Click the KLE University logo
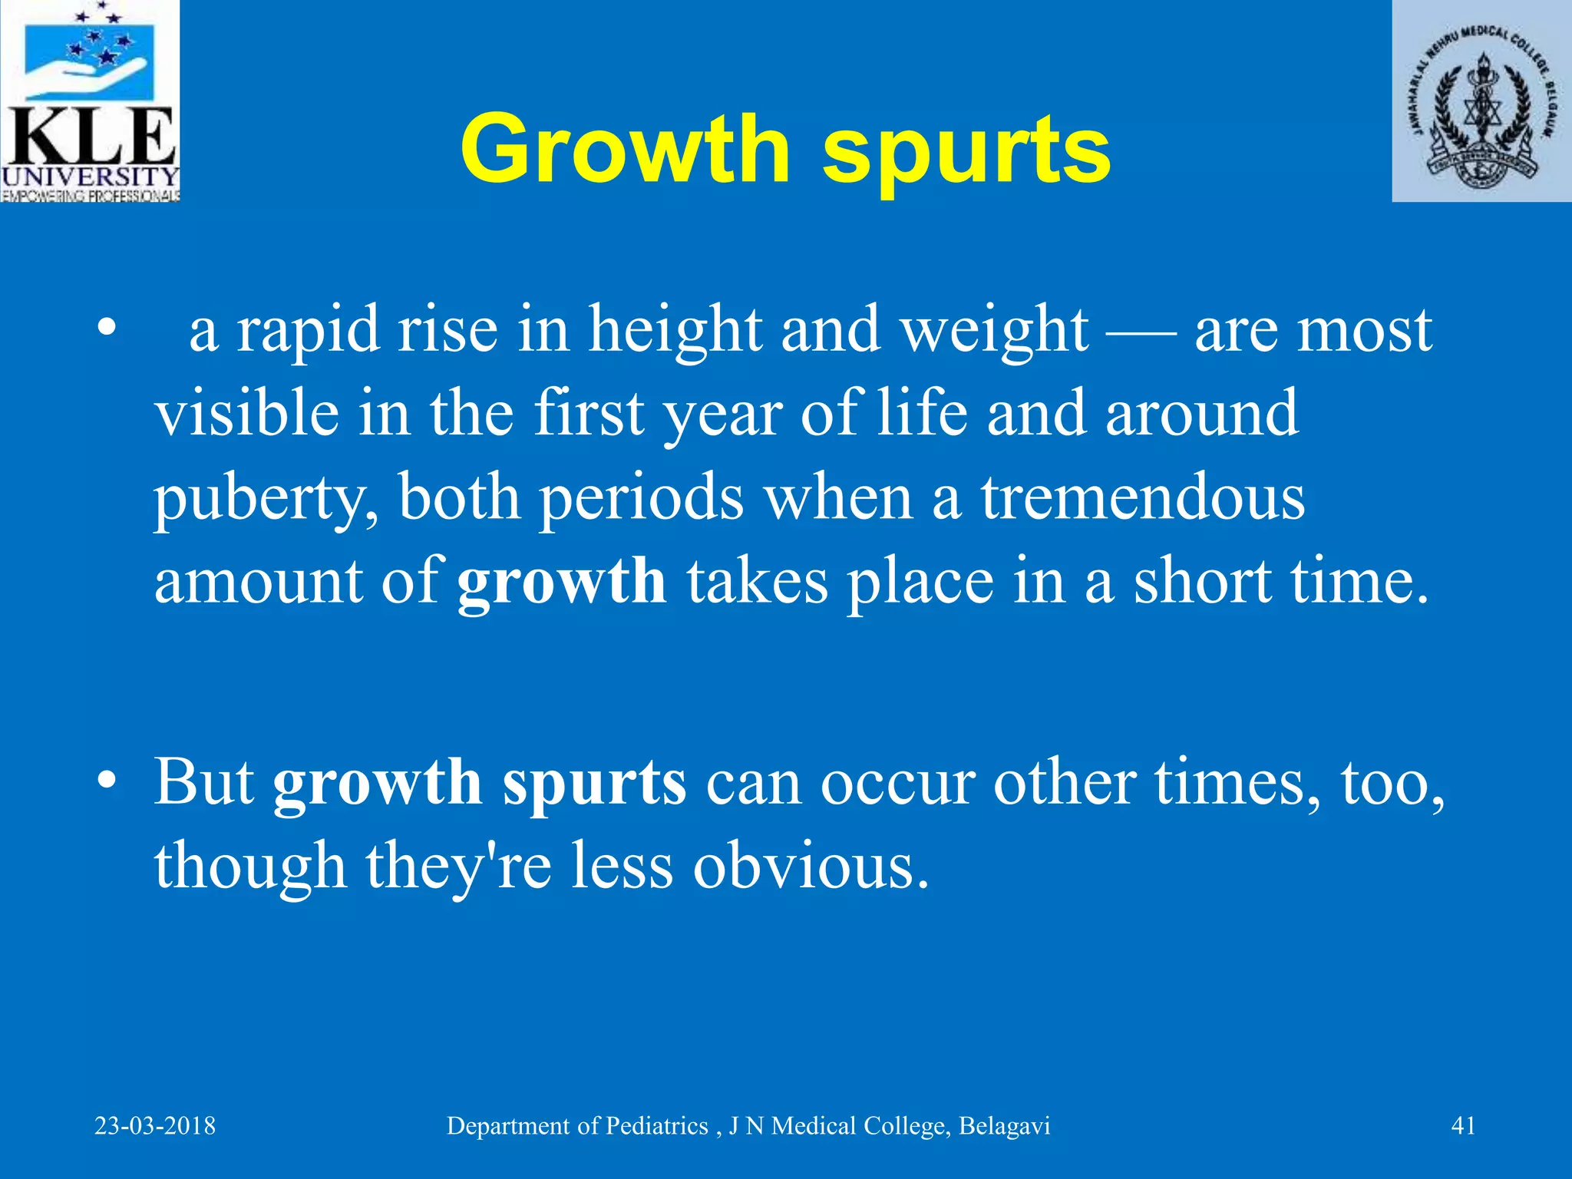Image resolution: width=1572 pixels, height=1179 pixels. (90, 101)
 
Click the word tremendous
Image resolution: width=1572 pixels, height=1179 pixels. (1143, 498)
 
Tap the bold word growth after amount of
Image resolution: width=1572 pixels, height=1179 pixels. (562, 582)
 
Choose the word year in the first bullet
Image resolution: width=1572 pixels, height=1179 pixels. (722, 415)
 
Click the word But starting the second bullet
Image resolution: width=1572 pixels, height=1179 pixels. (204, 783)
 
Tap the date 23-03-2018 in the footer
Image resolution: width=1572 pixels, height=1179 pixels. (155, 1126)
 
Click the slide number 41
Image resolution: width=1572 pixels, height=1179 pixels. (1463, 1126)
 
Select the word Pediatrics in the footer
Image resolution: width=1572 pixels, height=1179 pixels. (657, 1126)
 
